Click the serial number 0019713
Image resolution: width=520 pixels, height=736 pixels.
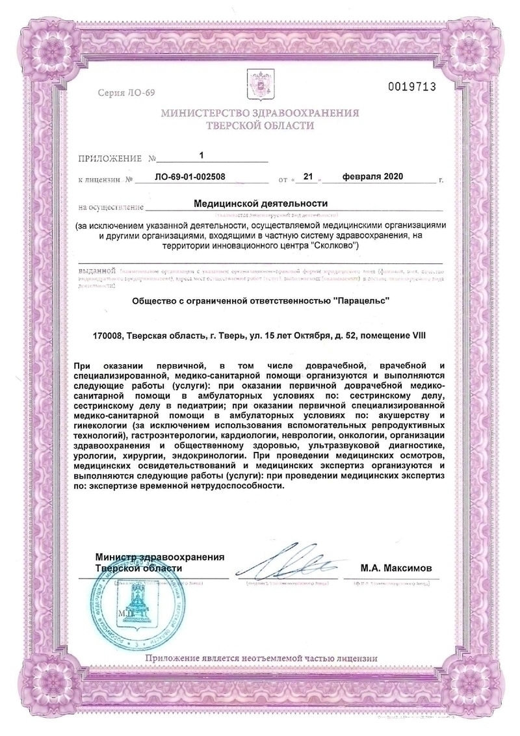click(411, 86)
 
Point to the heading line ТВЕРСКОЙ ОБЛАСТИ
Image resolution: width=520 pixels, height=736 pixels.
click(259, 125)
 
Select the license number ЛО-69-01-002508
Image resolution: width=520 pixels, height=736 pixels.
click(193, 177)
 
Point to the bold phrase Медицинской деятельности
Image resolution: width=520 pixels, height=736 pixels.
click(260, 204)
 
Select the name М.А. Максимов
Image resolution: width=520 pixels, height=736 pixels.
click(396, 568)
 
